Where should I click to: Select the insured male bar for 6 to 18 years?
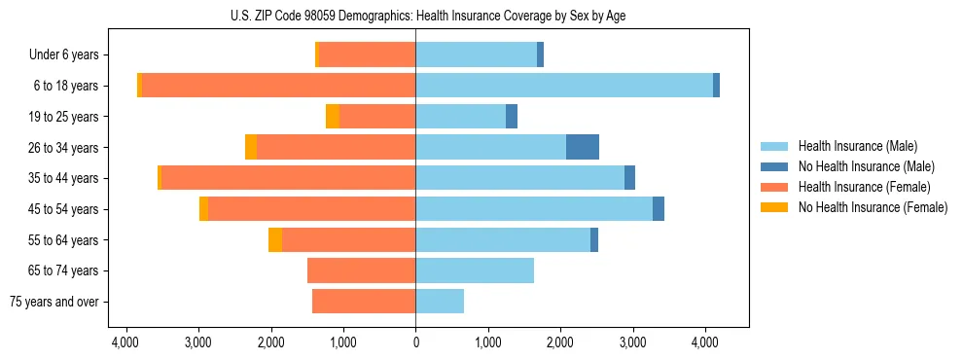[x=564, y=86]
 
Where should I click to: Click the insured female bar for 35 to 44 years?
[x=288, y=178]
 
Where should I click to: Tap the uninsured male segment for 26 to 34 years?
[x=583, y=147]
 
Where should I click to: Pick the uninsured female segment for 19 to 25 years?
[x=333, y=117]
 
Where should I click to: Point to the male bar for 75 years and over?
[x=440, y=302]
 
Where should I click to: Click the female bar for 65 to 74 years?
[x=361, y=270]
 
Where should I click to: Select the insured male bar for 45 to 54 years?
[x=534, y=209]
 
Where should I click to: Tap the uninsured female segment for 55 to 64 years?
[x=275, y=240]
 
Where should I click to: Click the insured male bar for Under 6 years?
[x=476, y=54]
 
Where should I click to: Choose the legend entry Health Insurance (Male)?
[x=856, y=146]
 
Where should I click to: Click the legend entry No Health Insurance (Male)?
[x=866, y=166]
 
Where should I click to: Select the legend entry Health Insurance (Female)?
[x=864, y=187]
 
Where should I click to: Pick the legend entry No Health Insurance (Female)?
[x=873, y=207]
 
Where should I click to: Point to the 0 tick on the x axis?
[x=415, y=342]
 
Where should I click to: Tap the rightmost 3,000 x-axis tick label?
[x=633, y=342]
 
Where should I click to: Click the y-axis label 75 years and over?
[x=54, y=302]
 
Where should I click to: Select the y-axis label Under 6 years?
[x=70, y=54]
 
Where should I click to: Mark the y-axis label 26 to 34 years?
[x=70, y=147]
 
